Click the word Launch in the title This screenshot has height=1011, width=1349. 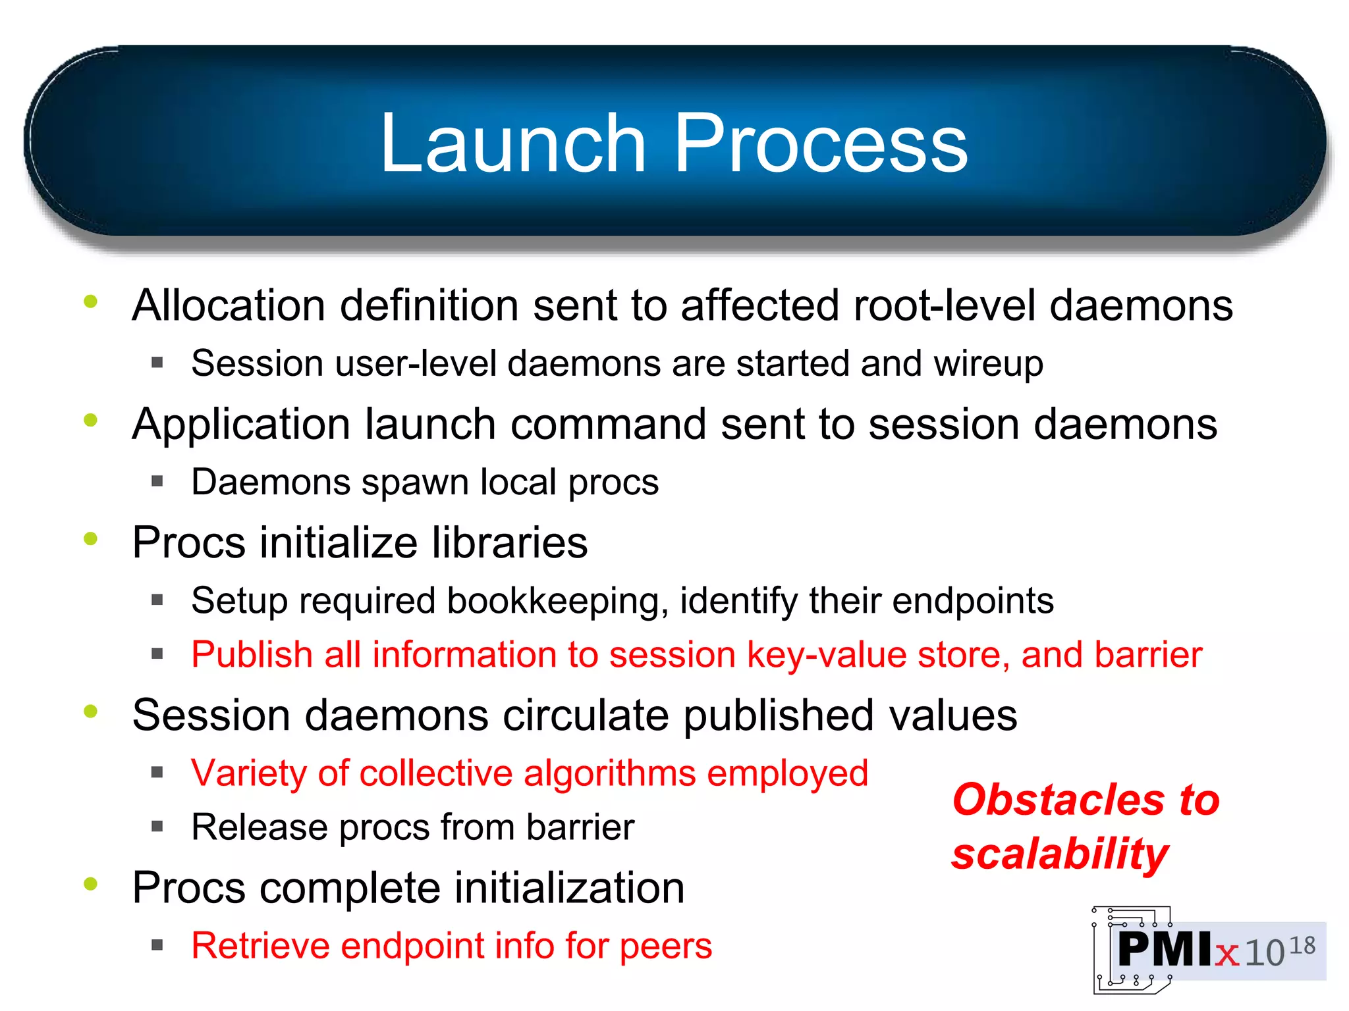[x=513, y=143]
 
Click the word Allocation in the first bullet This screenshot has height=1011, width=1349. [x=229, y=305]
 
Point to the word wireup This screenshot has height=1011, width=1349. [x=988, y=364]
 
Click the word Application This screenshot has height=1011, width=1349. [x=241, y=425]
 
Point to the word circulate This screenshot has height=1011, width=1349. [x=586, y=715]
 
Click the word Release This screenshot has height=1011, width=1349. [x=259, y=827]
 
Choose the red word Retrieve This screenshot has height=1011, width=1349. [x=260, y=946]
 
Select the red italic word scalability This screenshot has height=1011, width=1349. [x=1060, y=854]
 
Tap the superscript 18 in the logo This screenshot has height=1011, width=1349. [x=1302, y=946]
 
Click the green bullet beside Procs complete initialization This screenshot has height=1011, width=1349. [x=91, y=884]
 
